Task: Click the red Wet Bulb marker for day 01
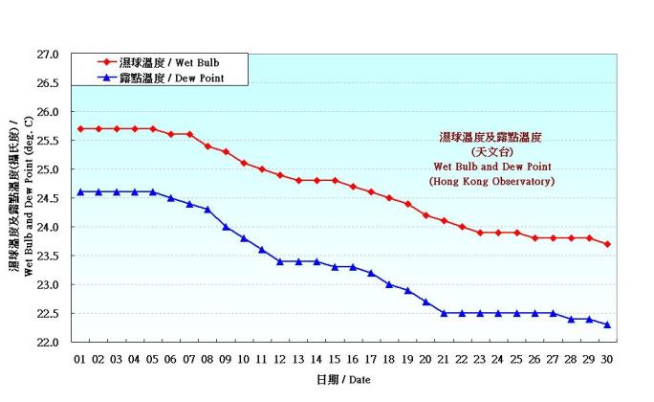click(x=80, y=128)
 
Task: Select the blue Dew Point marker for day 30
click(x=607, y=324)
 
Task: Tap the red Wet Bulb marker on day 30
click(x=607, y=244)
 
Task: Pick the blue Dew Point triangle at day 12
click(x=280, y=261)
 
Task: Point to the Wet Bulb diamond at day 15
click(x=335, y=180)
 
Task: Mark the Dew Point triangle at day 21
click(x=444, y=313)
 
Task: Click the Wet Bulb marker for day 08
click(x=207, y=145)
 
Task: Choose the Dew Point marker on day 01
click(x=80, y=191)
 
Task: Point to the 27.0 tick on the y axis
click(x=49, y=55)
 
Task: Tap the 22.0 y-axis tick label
click(x=49, y=343)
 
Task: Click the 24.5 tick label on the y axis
click(x=49, y=198)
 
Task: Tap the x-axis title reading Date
click(x=342, y=381)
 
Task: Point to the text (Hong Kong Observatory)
click(x=491, y=181)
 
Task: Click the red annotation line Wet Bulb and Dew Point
click(x=492, y=167)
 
